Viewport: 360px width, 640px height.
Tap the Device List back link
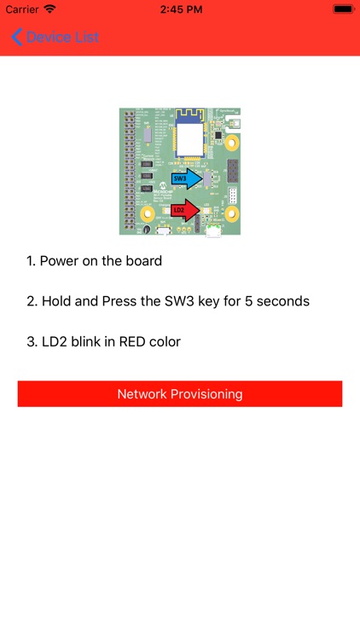63,37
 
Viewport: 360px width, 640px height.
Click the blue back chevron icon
17,37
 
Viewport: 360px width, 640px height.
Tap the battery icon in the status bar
343,9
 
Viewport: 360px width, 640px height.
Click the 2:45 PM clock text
179,9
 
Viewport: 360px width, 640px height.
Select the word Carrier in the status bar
22,9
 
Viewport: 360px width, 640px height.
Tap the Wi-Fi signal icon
50,9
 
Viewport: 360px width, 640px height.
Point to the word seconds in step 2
282,301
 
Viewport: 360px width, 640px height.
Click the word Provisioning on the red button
203,394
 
